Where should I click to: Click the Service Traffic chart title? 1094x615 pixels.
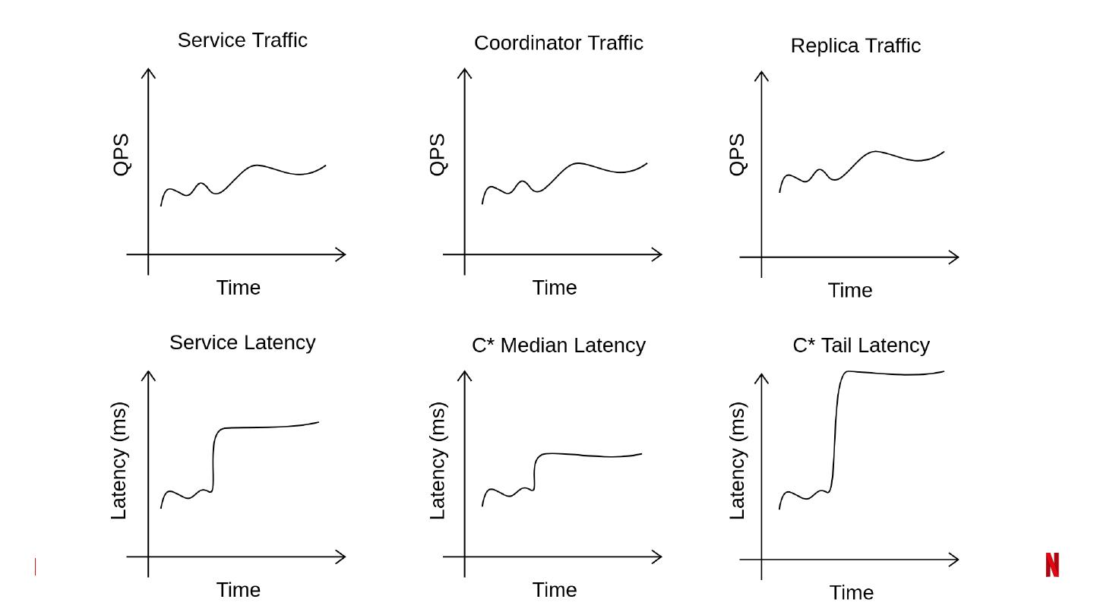click(242, 40)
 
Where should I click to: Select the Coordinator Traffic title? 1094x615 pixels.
click(558, 43)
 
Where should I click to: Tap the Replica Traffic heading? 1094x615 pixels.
click(855, 46)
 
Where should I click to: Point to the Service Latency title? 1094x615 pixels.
click(242, 342)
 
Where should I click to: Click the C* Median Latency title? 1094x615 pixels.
click(558, 345)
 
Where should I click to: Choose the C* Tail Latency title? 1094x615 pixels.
click(861, 345)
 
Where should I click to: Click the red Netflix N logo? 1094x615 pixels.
click(1052, 565)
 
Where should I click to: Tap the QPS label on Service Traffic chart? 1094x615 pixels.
click(122, 155)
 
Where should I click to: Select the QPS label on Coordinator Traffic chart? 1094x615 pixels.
click(438, 155)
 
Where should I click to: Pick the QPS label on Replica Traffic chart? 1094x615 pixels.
click(737, 155)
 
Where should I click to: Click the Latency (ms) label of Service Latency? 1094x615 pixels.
click(119, 461)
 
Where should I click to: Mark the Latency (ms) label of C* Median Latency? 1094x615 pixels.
click(438, 461)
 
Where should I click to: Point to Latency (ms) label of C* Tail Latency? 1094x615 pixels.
click(737, 461)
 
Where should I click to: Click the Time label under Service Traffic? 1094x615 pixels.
click(238, 288)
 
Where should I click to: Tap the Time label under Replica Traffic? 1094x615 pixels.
click(849, 291)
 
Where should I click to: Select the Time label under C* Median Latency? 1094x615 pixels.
click(554, 590)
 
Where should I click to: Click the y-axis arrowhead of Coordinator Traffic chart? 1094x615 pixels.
click(465, 73)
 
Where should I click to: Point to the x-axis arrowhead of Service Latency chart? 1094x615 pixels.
click(341, 557)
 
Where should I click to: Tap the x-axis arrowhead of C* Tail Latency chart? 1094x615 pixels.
click(954, 560)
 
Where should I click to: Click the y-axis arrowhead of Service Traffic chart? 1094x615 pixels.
click(149, 73)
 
